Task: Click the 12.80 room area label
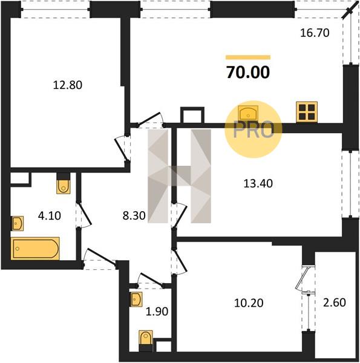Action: coord(68,85)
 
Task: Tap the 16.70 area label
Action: coord(315,33)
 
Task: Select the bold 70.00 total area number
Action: coord(248,72)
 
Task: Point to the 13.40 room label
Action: coord(258,183)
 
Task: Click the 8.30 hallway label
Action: coord(134,215)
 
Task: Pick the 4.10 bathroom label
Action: coord(50,215)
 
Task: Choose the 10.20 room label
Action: coord(249,303)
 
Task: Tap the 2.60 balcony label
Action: coord(335,302)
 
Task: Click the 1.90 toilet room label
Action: coord(157,312)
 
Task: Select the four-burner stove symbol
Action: coord(307,112)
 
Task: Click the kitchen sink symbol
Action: coord(248,113)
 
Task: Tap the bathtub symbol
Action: coord(35,249)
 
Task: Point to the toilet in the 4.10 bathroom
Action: coord(64,186)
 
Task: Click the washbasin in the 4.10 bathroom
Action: coord(18,223)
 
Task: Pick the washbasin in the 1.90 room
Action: coord(136,299)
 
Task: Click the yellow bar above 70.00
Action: coord(248,57)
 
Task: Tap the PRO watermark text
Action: coord(254,129)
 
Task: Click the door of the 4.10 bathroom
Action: coord(85,214)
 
